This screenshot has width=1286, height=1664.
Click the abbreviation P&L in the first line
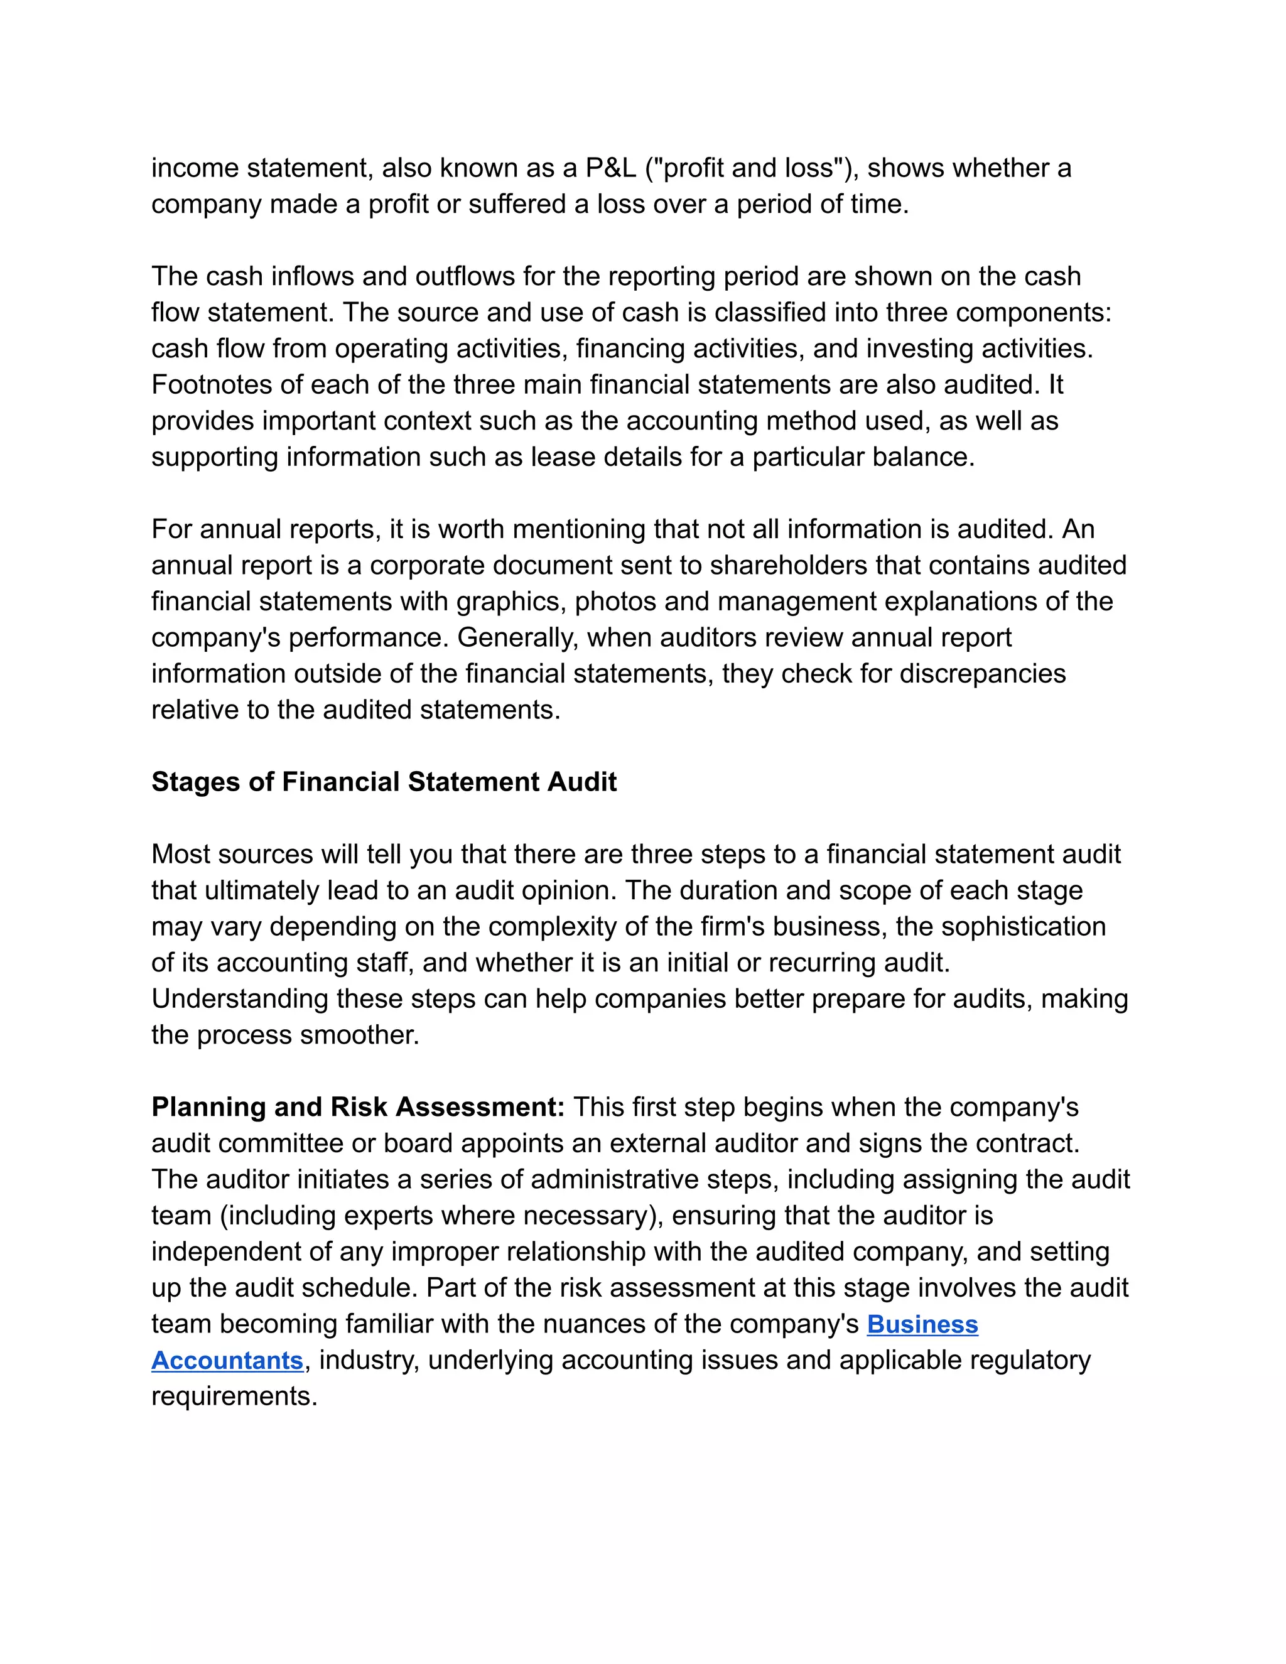point(610,168)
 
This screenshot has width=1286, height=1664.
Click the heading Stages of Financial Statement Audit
point(384,782)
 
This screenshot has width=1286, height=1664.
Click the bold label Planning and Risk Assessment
point(358,1106)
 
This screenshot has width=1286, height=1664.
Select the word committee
point(271,1143)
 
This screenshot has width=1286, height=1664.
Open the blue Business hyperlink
point(922,1324)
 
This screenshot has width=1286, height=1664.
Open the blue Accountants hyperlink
point(227,1360)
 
